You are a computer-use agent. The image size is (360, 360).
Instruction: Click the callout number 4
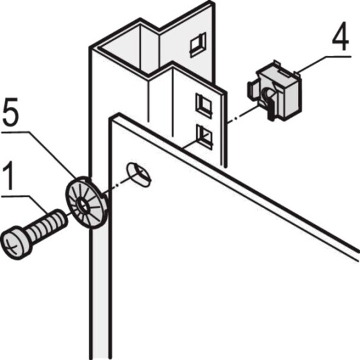pyautogui.click(x=341, y=36)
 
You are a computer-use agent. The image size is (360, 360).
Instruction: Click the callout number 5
pyautogui.click(x=9, y=113)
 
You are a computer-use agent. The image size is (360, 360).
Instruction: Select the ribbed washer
pyautogui.click(x=87, y=203)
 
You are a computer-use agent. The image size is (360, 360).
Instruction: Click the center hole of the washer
pyautogui.click(x=83, y=205)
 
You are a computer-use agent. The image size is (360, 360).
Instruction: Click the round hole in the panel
pyautogui.click(x=139, y=175)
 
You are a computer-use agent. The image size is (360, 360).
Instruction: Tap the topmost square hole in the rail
pyautogui.click(x=198, y=45)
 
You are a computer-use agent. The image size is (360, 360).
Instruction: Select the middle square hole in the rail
pyautogui.click(x=204, y=105)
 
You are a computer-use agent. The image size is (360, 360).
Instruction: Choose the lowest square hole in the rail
pyautogui.click(x=204, y=136)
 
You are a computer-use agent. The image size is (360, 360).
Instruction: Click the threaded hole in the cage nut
pyautogui.click(x=268, y=93)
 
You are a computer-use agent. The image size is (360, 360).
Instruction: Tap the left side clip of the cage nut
pyautogui.click(x=253, y=91)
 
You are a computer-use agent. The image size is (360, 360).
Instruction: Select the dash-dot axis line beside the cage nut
pyautogui.click(x=243, y=115)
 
